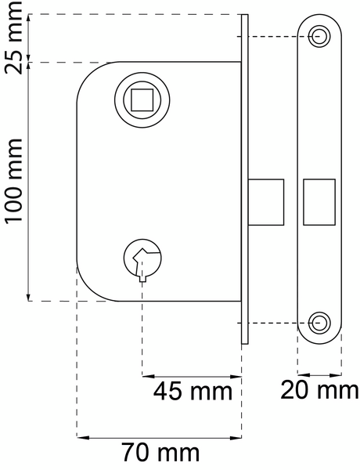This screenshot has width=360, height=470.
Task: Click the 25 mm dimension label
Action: [x=13, y=38]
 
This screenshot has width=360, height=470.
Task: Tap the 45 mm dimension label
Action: [x=193, y=391]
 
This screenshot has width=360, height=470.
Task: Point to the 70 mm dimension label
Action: [x=160, y=452]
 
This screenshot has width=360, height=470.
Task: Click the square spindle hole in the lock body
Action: [x=142, y=99]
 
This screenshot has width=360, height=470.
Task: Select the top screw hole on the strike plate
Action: [x=319, y=36]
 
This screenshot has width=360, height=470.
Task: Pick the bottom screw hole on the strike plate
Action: [x=319, y=322]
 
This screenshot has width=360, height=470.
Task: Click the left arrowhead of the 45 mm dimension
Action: [x=146, y=376]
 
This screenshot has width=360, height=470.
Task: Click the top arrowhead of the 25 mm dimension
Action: [x=29, y=17]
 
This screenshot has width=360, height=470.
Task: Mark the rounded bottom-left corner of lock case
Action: [x=88, y=289]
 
